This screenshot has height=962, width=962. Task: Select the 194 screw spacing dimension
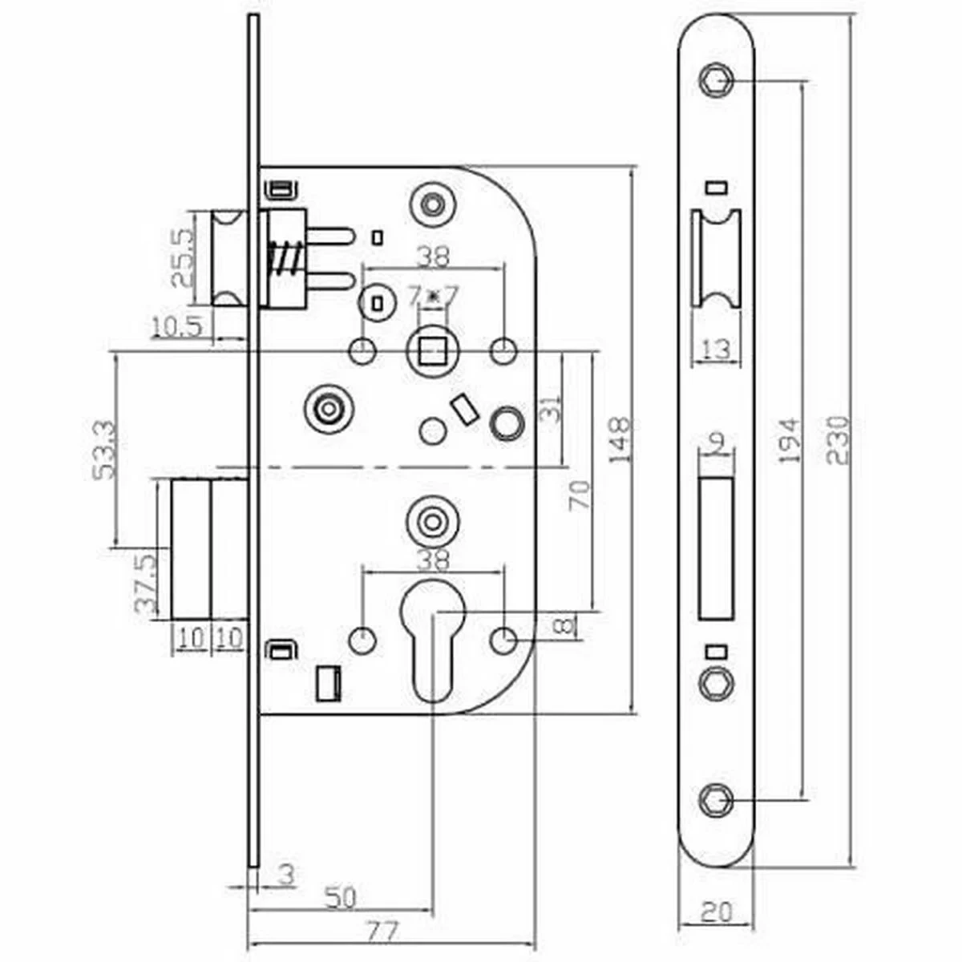tap(789, 439)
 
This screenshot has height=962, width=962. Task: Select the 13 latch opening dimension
tap(716, 350)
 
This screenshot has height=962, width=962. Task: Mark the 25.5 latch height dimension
tap(181, 257)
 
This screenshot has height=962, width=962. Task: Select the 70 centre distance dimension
tap(580, 495)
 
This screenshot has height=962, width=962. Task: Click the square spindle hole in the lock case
tap(432, 351)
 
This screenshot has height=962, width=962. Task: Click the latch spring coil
tap(283, 258)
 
